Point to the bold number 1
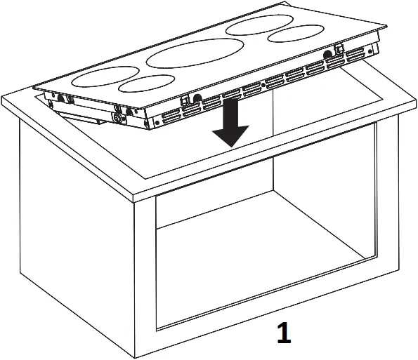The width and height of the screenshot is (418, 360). pos(283,334)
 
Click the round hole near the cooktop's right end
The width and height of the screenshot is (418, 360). pos(329,53)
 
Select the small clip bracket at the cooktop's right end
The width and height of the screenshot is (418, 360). pos(339,51)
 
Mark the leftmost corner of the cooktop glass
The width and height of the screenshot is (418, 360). pos(35,87)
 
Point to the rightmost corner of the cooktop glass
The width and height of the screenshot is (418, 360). pos(387,26)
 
